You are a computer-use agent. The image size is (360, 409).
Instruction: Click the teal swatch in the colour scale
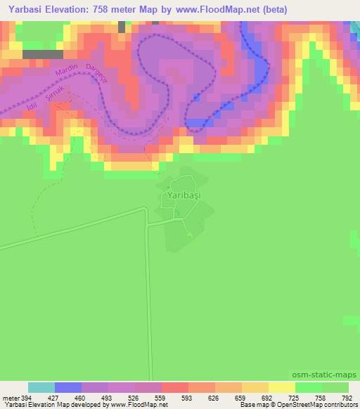point(41,387)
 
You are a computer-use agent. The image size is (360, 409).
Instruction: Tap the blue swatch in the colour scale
point(68,387)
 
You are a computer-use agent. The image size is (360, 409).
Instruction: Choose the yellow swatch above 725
point(282,387)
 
